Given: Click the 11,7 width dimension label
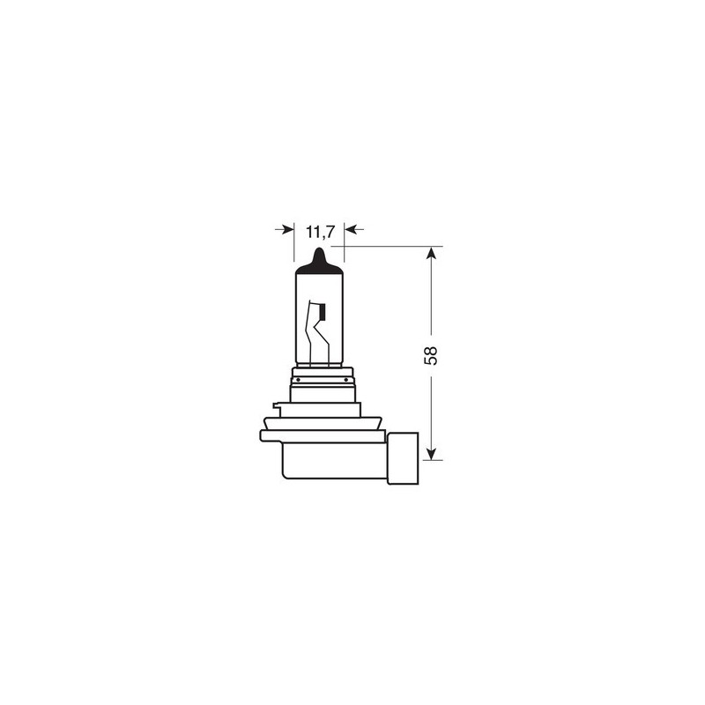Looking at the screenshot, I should [x=318, y=233].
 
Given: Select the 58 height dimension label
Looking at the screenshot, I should [x=431, y=354].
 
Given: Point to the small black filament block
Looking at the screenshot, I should [x=322, y=311].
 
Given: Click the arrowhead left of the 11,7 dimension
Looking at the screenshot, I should [x=287, y=229].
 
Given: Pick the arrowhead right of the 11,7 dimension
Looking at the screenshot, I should [x=349, y=229].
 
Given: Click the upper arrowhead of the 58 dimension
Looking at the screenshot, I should [x=431, y=254].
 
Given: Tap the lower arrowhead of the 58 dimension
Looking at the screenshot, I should [x=431, y=453].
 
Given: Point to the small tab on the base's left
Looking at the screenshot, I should [x=277, y=406].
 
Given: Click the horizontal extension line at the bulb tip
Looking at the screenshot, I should [x=388, y=246].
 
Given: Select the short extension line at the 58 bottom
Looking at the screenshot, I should [x=431, y=460].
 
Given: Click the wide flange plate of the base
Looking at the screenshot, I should [x=323, y=435].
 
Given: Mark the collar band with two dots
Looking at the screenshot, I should [x=323, y=381].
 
